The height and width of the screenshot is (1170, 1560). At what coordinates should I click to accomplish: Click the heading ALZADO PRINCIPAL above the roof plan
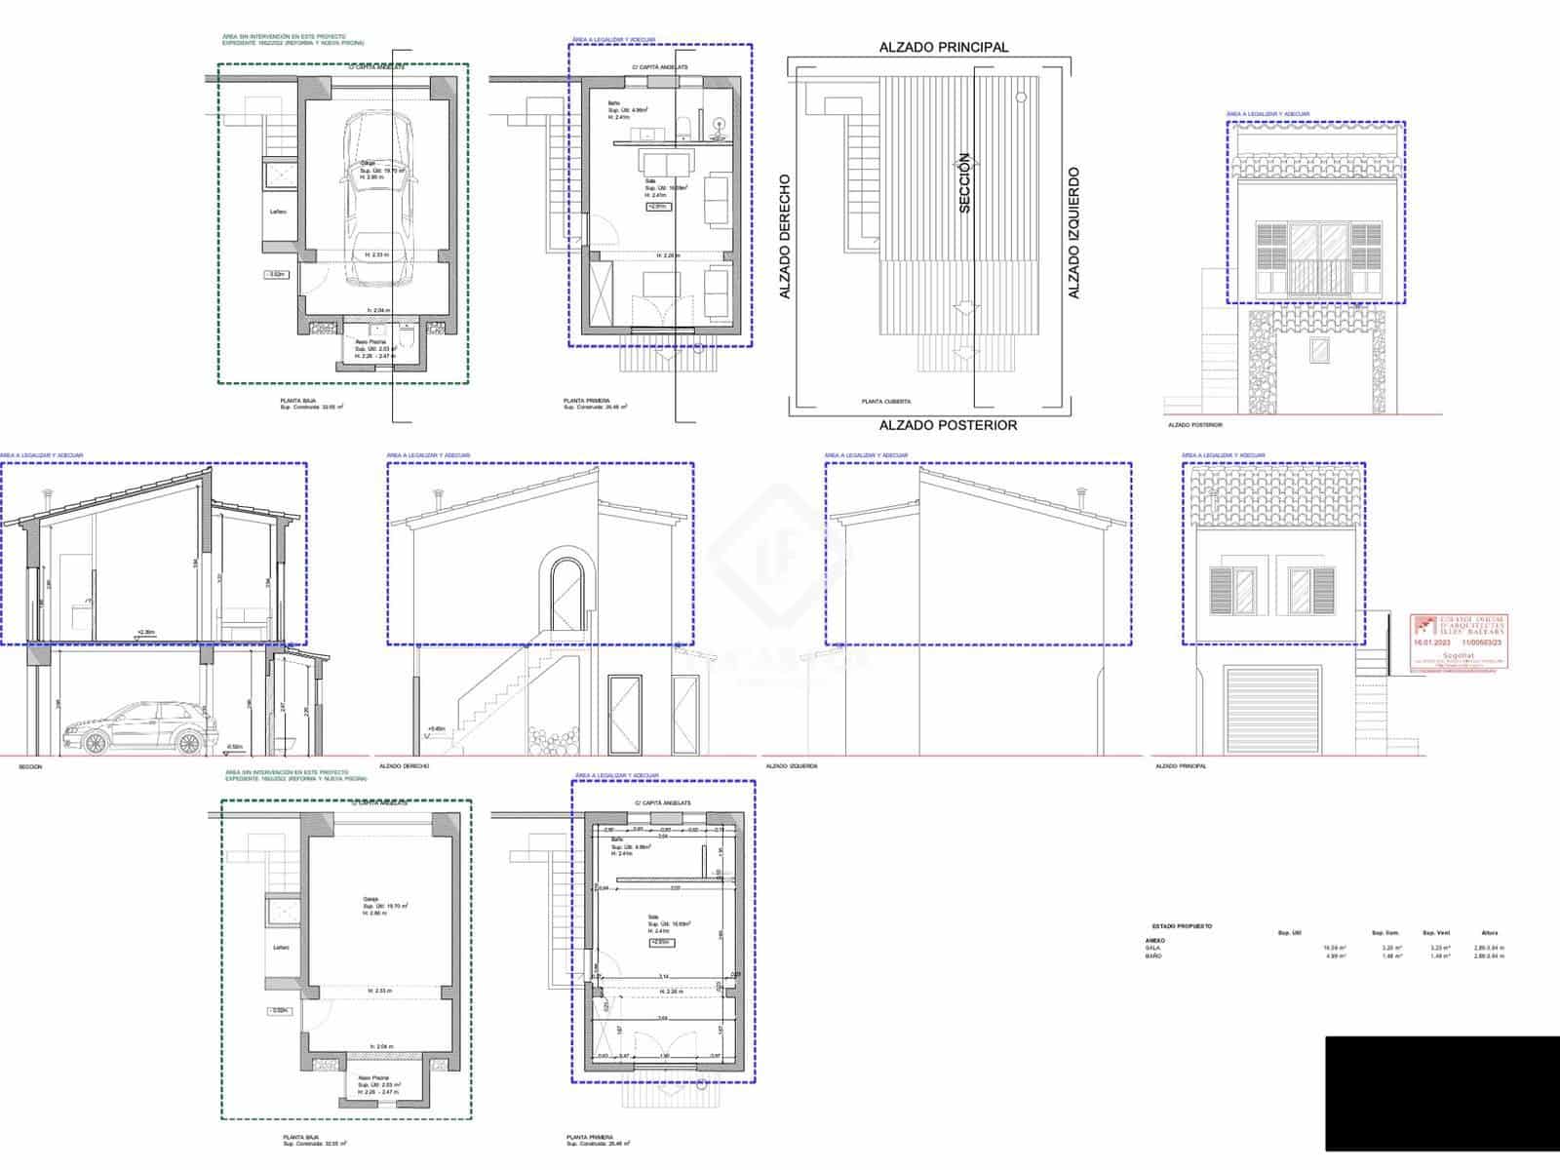point(943,47)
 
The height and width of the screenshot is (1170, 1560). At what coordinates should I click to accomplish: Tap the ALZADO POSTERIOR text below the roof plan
point(948,424)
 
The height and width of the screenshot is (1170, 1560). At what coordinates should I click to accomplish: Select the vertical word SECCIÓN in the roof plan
point(965,182)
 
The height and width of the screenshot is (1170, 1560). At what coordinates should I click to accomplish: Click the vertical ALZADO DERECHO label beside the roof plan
point(784,237)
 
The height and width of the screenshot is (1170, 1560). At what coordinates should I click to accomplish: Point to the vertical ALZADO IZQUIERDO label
point(1073,233)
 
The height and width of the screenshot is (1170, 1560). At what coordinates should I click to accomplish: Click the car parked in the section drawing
point(142,730)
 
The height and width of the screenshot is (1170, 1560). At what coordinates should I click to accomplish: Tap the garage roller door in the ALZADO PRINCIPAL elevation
point(1272,709)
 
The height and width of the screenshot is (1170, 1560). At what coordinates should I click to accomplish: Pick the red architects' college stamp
point(1459,641)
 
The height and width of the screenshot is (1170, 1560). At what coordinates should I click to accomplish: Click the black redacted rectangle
point(1442,1093)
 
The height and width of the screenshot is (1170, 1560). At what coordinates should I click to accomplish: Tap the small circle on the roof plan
point(1020,97)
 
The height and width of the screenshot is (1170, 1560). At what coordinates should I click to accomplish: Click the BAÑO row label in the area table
point(1153,956)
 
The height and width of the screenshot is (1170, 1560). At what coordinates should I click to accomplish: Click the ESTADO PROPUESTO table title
point(1182,925)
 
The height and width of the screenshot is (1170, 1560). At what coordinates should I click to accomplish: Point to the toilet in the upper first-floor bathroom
point(684,125)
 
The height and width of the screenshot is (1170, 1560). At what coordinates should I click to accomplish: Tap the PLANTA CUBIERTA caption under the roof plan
point(885,401)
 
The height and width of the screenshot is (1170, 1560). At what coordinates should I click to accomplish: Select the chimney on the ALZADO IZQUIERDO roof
point(1081,498)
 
